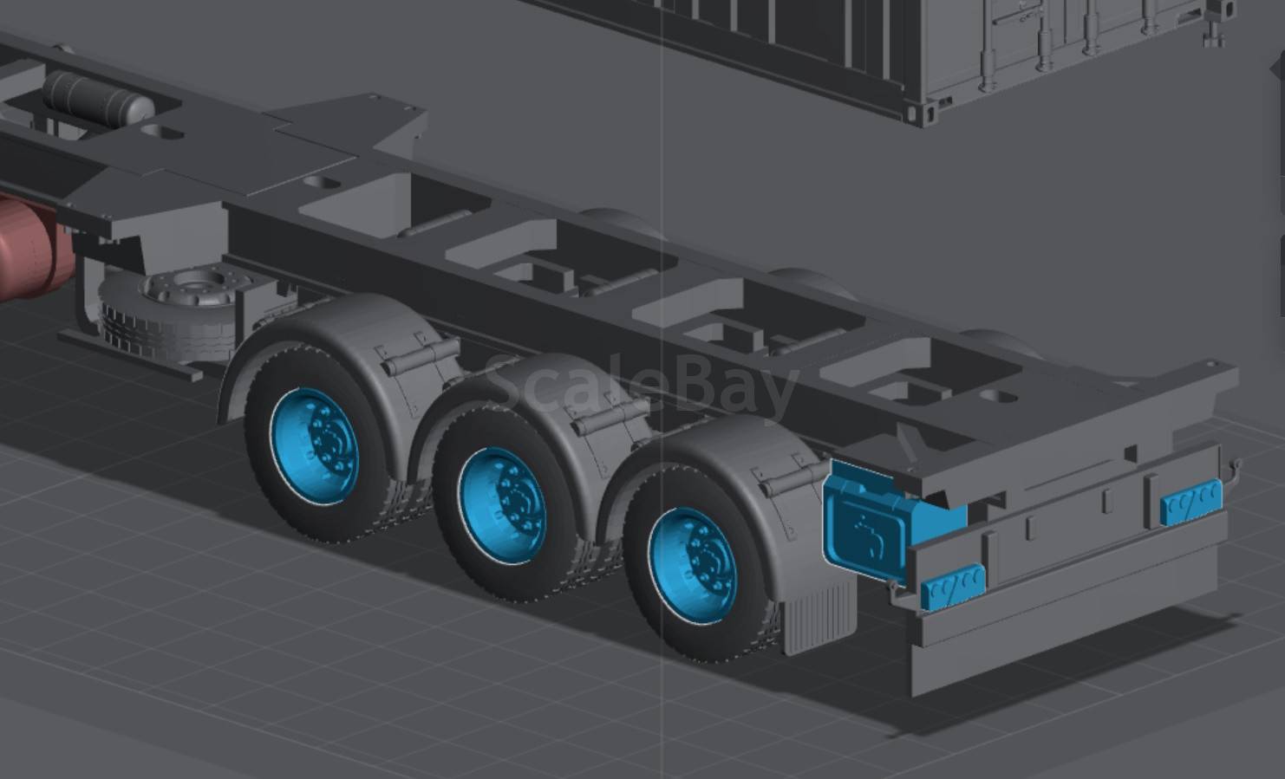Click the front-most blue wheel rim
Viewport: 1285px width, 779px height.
click(315, 446)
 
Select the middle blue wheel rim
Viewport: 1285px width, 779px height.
click(504, 504)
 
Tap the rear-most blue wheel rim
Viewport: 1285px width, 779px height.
click(693, 565)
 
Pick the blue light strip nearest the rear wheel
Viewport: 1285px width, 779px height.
click(953, 585)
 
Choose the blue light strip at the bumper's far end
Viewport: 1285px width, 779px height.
click(1192, 502)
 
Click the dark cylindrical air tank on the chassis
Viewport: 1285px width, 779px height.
click(97, 97)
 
